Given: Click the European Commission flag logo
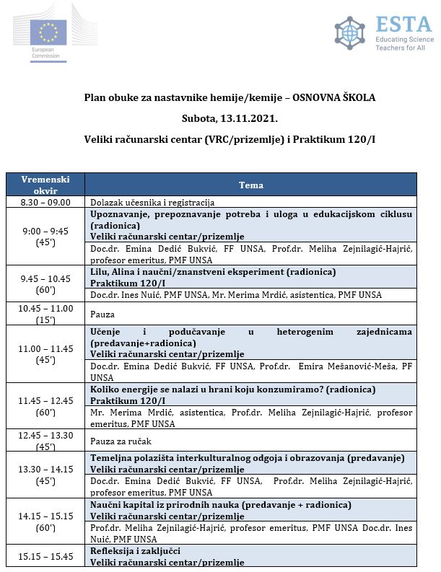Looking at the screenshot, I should click(x=49, y=32).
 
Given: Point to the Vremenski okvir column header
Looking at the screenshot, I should click(x=45, y=185).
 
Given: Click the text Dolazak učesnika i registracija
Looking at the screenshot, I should click(x=152, y=203).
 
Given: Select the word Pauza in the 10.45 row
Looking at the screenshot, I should click(x=102, y=314).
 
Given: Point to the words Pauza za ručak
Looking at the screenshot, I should click(x=121, y=441).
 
